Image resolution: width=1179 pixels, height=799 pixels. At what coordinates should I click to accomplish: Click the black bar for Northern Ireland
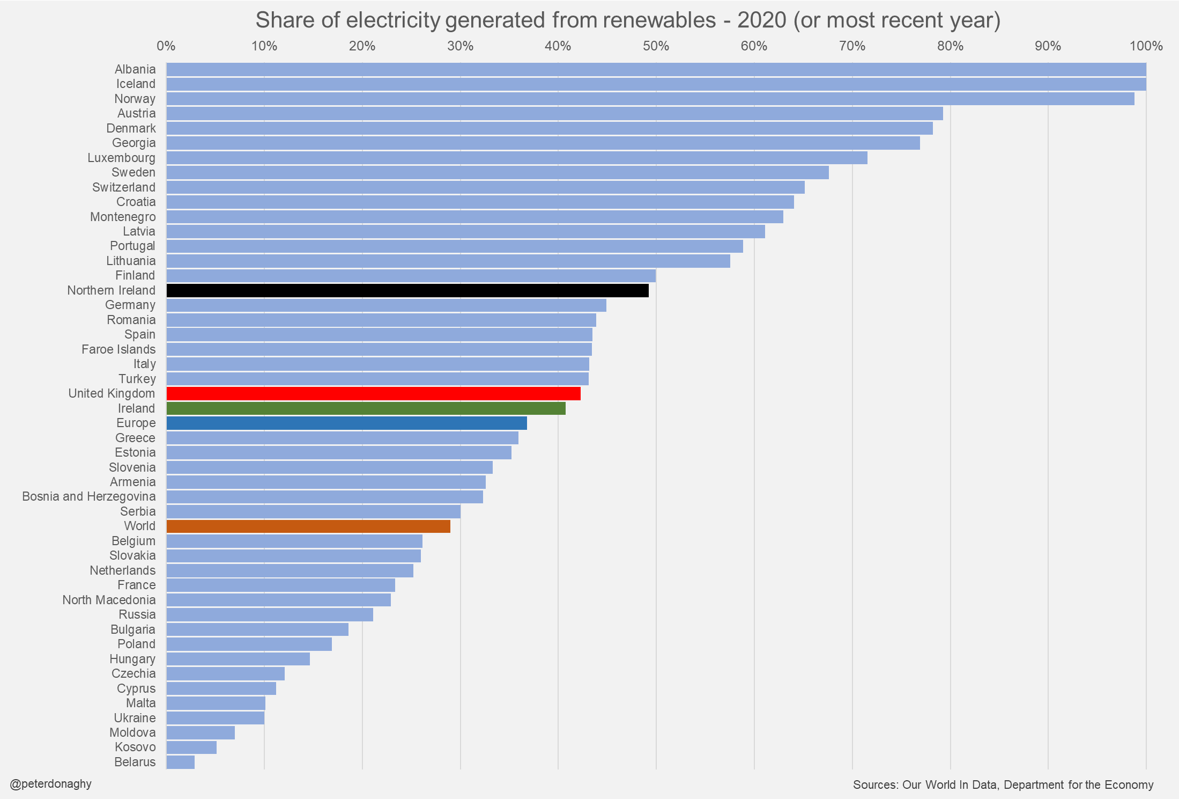tap(407, 290)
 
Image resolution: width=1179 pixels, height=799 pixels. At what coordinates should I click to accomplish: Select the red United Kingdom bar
tap(373, 393)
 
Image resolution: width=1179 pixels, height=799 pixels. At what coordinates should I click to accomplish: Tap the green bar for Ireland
tap(366, 408)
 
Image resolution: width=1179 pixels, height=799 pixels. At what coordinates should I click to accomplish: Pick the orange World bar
tap(308, 526)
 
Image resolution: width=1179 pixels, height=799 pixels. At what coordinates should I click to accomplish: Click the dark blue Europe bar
tap(346, 423)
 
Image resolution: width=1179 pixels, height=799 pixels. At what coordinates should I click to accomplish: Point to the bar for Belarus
tap(180, 762)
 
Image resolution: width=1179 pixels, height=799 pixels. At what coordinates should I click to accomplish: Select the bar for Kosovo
tap(191, 747)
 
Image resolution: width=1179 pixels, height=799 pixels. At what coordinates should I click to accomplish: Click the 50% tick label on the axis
tap(656, 46)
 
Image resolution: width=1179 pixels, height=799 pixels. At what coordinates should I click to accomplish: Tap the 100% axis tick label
tap(1146, 46)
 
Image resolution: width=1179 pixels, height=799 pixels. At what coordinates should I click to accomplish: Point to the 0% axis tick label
tap(166, 46)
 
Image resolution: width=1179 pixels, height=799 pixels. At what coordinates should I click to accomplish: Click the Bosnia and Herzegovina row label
tap(88, 496)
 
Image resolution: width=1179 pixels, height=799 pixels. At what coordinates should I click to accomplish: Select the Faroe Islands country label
tap(118, 349)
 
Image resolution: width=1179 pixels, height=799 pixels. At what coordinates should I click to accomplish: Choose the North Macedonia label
tap(109, 600)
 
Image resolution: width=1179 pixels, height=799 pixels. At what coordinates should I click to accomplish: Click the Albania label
tap(135, 69)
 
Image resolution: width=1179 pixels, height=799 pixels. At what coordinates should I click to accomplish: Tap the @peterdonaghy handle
tap(51, 784)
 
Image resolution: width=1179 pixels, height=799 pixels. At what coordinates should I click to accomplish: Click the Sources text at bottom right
tap(1003, 785)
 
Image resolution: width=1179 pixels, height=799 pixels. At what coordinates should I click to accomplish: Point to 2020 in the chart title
tap(761, 20)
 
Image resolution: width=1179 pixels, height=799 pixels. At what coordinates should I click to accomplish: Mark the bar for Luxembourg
tap(516, 158)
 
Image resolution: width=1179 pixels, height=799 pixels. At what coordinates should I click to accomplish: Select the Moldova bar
tap(201, 732)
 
